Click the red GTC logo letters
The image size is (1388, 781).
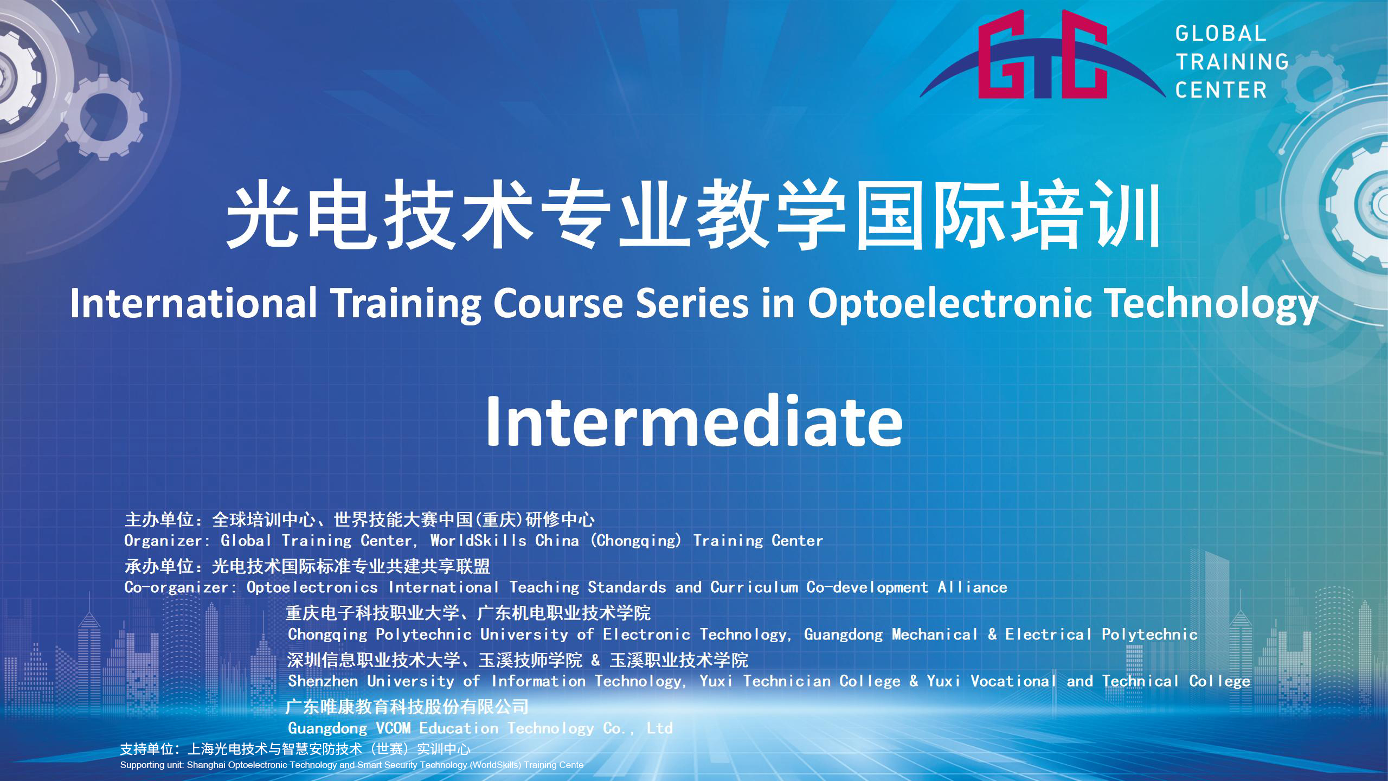(1043, 54)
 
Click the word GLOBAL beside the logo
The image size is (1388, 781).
(1220, 34)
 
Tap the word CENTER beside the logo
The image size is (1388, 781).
(1220, 90)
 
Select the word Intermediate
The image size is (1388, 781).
(694, 421)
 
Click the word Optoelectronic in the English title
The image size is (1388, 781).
(950, 303)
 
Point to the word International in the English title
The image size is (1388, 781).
(194, 303)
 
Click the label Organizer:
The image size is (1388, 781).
(167, 541)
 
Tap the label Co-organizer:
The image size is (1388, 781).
(181, 587)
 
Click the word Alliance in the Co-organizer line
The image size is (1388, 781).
(973, 587)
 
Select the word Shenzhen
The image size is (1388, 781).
(323, 681)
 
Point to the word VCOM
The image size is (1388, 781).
(393, 728)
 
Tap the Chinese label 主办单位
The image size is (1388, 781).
(159, 520)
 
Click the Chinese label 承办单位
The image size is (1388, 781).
(159, 566)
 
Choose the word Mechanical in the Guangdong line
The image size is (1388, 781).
(935, 634)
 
